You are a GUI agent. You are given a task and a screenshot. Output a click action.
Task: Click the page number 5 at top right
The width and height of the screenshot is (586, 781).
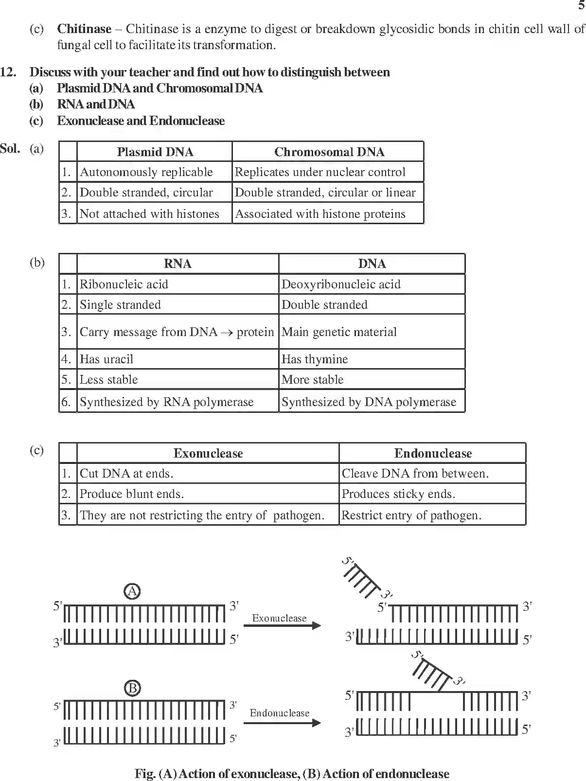click(x=581, y=5)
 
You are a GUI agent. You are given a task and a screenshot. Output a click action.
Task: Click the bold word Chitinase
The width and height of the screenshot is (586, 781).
click(x=84, y=29)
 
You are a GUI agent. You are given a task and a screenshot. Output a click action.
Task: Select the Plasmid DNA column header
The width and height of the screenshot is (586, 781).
click(x=155, y=152)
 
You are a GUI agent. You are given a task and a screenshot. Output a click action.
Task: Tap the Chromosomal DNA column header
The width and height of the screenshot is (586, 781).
click(x=329, y=152)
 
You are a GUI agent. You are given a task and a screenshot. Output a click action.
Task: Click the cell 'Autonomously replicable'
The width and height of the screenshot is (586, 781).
click(x=146, y=172)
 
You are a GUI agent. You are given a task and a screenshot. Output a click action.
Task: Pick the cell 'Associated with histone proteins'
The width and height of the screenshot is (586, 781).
click(x=320, y=214)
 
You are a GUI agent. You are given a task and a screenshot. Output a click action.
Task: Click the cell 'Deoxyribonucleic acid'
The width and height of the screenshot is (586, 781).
click(x=341, y=284)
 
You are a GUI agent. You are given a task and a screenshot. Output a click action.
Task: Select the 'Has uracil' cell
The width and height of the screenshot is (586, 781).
click(x=106, y=359)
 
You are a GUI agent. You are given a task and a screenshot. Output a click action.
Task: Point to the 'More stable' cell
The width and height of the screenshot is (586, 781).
click(x=312, y=380)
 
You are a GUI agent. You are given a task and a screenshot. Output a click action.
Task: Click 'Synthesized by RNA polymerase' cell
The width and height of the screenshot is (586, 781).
click(x=166, y=402)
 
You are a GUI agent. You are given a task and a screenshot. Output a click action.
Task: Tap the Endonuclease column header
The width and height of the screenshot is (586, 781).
click(x=433, y=454)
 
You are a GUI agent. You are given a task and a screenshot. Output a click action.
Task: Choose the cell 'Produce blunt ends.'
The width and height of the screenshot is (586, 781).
click(x=131, y=494)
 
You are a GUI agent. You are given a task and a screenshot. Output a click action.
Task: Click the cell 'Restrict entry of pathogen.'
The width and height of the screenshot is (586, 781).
click(x=411, y=515)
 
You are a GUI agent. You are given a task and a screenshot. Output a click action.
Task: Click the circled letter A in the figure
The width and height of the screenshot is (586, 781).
click(x=132, y=591)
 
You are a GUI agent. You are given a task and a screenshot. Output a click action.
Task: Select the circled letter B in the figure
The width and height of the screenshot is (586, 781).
click(x=132, y=688)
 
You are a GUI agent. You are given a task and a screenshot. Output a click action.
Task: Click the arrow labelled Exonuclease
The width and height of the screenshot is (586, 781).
click(x=282, y=625)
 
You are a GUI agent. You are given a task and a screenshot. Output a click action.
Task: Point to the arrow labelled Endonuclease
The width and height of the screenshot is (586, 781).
click(x=282, y=723)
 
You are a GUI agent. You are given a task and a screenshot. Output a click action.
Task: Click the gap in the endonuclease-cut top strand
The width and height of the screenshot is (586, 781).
click(x=436, y=701)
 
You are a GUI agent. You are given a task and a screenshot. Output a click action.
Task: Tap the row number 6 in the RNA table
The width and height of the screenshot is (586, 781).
click(x=66, y=402)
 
